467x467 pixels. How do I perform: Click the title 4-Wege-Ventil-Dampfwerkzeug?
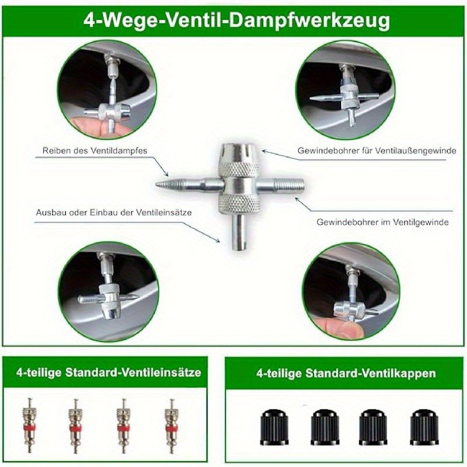tap(236, 20)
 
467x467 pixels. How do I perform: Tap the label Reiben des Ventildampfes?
tap(95, 151)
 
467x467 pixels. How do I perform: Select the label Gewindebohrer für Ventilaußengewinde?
tap(377, 151)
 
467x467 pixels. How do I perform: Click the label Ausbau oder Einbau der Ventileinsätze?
tap(114, 212)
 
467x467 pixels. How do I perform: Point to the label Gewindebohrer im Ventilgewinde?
tap(382, 222)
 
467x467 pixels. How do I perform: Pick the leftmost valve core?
tap(29, 425)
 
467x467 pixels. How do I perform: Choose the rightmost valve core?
tap(172, 425)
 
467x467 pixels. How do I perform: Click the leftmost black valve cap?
tap(274, 427)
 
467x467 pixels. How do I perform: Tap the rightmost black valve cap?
tap(424, 427)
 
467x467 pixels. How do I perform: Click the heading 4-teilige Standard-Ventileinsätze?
tap(109, 372)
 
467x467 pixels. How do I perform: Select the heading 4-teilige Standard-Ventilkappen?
tap(346, 373)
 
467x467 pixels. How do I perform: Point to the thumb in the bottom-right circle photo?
tap(339, 326)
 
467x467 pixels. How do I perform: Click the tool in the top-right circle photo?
tap(346, 95)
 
